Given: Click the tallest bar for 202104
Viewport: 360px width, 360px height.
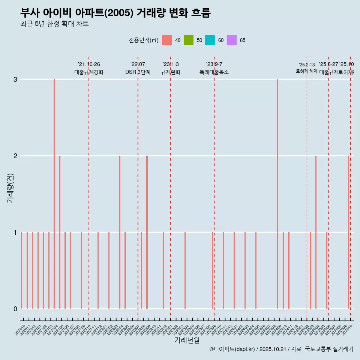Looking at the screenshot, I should coord(54,193).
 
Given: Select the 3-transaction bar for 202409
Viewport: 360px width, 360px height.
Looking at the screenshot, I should coord(277,193).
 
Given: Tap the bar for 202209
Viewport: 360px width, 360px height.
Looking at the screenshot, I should coord(147,232).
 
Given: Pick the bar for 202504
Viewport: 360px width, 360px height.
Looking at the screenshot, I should coord(316,232).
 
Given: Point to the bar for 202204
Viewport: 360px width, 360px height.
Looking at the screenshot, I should coord(120,232).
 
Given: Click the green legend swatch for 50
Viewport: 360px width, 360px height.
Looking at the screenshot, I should coord(189,40).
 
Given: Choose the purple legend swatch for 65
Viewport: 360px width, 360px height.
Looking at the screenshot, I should coord(232,40).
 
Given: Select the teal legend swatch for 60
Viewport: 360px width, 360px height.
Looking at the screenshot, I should coord(210,40).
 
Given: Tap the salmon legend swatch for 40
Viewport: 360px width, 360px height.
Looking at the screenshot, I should coord(167,40).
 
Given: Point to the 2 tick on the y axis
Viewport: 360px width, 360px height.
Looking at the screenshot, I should coord(15,156).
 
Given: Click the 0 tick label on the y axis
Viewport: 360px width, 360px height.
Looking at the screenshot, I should coord(15,309).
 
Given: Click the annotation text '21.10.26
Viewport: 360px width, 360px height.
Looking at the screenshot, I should coord(89,64).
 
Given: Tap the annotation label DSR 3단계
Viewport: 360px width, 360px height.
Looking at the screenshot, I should coord(138,72).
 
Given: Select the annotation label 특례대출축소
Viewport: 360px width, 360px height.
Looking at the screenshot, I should coord(214,72).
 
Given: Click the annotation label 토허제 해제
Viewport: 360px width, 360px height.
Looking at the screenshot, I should coord(307,71).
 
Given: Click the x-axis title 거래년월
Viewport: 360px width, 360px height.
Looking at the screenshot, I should coord(187,340).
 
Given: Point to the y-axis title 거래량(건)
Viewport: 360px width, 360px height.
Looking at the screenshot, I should coord(10,188).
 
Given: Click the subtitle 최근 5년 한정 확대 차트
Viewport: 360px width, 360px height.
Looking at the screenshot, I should coord(54,24).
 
